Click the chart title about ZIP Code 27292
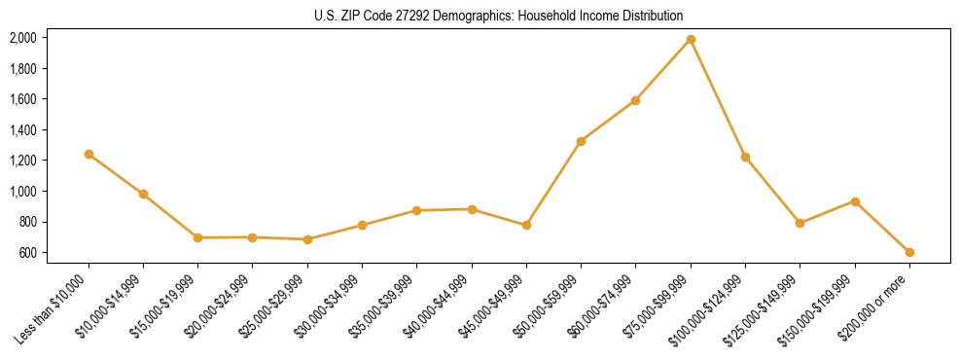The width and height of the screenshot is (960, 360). tap(499, 16)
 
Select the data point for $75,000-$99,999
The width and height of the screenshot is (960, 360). tap(691, 39)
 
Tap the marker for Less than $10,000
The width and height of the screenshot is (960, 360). tap(89, 154)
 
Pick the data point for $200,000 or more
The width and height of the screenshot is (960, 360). tap(909, 252)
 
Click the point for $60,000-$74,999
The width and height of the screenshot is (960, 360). tap(635, 100)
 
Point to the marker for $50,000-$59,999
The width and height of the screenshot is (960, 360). tap(581, 141)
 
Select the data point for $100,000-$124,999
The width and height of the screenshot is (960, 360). tap(745, 157)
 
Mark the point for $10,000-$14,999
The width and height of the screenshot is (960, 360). tap(143, 194)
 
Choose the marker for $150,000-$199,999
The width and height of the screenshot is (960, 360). tap(855, 201)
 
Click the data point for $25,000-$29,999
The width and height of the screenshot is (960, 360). tap(307, 239)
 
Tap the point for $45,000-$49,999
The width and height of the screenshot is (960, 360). tap(526, 225)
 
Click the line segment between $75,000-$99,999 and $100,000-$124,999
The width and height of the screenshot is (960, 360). tap(718, 97)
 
